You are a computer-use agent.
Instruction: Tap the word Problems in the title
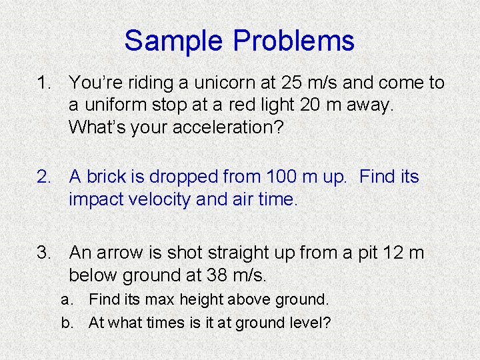(x=293, y=41)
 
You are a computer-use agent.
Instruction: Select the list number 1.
(x=44, y=83)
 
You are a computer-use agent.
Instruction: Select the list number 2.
(x=44, y=177)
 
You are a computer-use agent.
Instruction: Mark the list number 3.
(x=44, y=253)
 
